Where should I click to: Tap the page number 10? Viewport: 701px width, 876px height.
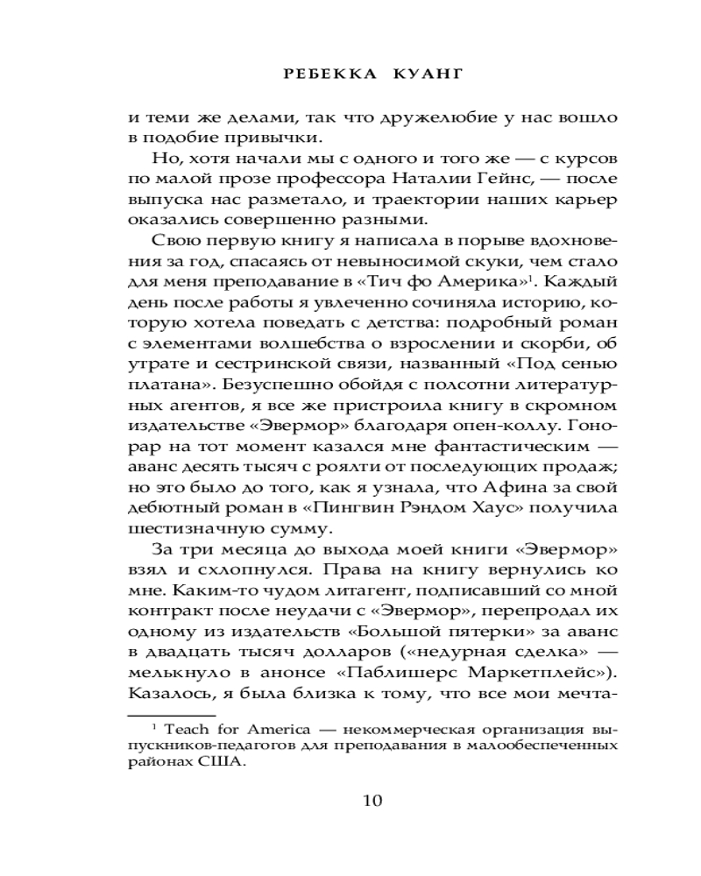[372, 799]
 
